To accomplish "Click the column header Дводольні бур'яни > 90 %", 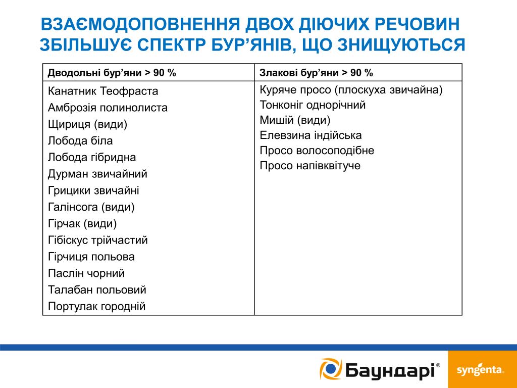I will (x=112, y=73).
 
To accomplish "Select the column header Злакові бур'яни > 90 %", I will (x=316, y=73).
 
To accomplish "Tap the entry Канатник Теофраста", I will (x=103, y=91).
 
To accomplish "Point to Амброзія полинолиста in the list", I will (x=108, y=108).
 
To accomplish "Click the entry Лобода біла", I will (x=80, y=141).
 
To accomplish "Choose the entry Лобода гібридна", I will (x=92, y=157).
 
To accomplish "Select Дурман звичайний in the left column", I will (x=97, y=174).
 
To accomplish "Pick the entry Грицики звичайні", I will (x=93, y=190).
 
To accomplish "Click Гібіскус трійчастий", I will (x=98, y=240).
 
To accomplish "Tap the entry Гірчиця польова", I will (x=91, y=257).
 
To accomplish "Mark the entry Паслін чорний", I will (x=86, y=273).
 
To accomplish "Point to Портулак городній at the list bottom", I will (x=96, y=306).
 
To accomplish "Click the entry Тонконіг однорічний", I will (x=313, y=105).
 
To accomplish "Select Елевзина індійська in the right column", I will (x=311, y=135).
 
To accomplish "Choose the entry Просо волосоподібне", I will (x=317, y=151).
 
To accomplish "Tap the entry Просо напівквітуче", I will (x=310, y=166).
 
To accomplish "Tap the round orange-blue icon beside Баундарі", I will (x=331, y=369).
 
